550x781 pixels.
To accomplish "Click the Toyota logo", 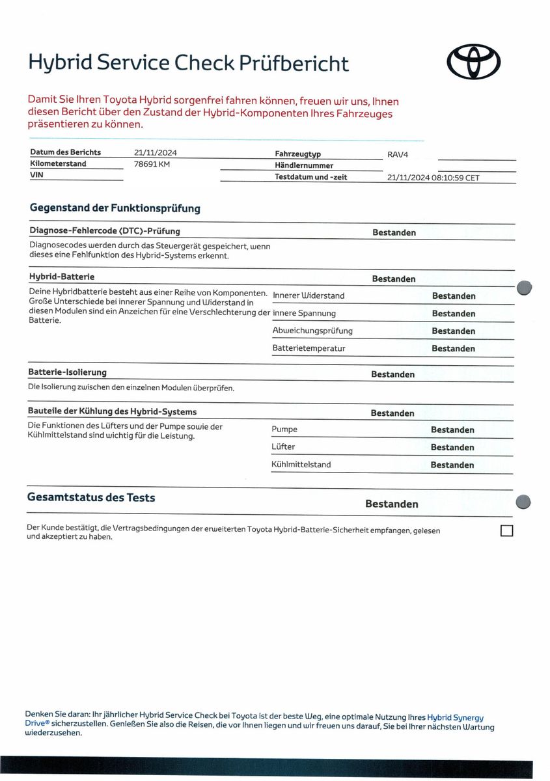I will (x=474, y=61).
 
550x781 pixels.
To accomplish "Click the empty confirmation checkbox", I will (x=506, y=530).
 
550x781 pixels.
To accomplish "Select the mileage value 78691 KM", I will (x=152, y=164).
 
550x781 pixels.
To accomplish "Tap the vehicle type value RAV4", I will (x=398, y=155).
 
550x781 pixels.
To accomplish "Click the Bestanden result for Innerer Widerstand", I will (x=454, y=296).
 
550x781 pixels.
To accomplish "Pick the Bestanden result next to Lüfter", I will (x=452, y=448).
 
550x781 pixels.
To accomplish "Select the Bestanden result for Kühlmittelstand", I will (x=452, y=465).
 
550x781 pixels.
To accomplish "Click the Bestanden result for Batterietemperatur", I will (x=454, y=349).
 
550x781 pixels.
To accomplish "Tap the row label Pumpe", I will (x=284, y=430).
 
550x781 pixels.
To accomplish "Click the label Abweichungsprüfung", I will (x=312, y=331).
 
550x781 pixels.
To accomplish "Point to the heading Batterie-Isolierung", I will (x=67, y=372).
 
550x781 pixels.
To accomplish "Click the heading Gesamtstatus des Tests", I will (x=91, y=498).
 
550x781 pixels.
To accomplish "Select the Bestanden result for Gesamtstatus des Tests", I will (x=392, y=504).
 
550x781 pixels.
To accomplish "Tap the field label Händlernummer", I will (x=304, y=166).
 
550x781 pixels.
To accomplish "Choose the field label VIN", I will (x=36, y=175).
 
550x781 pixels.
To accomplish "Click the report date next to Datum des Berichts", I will (x=156, y=153).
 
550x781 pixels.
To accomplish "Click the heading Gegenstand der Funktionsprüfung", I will (x=115, y=209).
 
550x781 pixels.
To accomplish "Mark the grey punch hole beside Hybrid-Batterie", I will (x=523, y=288).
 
